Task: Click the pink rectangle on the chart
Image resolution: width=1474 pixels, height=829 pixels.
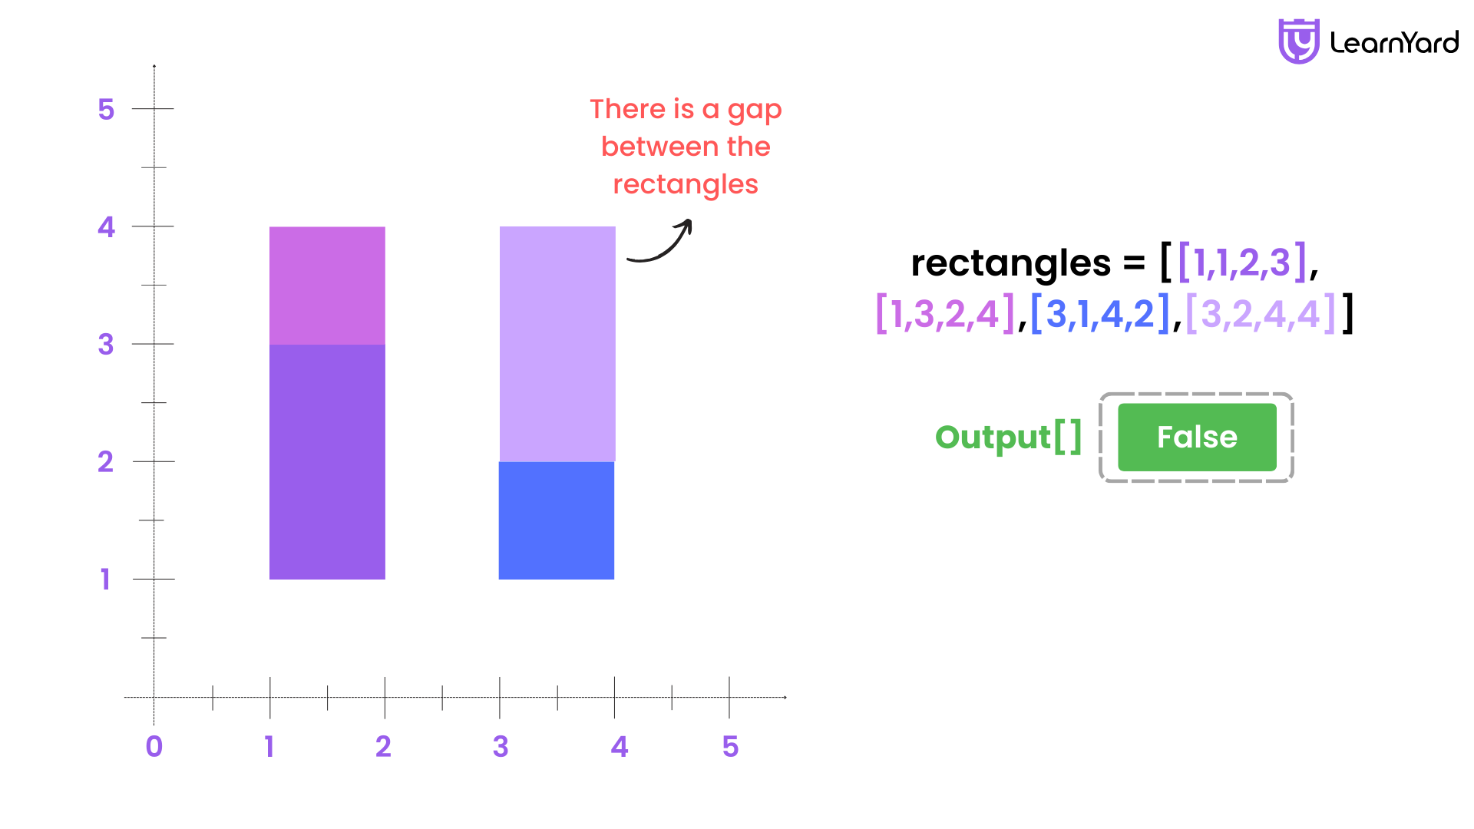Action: (x=327, y=286)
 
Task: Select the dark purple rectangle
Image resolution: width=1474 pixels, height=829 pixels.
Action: (x=327, y=462)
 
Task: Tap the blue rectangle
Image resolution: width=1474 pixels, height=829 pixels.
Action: (x=557, y=520)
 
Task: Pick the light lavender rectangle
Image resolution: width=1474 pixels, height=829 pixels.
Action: (x=557, y=344)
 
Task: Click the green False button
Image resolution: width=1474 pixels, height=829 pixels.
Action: (x=1197, y=437)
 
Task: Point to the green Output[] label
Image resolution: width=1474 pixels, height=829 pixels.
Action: (x=1009, y=438)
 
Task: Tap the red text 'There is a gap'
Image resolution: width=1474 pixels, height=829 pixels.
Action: (x=686, y=111)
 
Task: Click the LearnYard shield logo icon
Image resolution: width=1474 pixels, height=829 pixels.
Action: (x=1298, y=41)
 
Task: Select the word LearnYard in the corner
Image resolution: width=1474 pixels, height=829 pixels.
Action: (x=1394, y=43)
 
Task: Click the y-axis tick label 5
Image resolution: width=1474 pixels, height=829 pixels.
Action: (x=106, y=109)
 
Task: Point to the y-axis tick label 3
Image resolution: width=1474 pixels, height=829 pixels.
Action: (x=106, y=344)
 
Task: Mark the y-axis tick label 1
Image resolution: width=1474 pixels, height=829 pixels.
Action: (x=105, y=579)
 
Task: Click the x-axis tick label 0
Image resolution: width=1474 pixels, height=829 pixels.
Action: (x=154, y=746)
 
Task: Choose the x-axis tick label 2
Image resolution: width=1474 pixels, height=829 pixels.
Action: (x=383, y=746)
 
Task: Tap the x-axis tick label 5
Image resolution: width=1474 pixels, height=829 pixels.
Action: (x=730, y=746)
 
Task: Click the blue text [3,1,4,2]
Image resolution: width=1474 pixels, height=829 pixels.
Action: (x=1100, y=314)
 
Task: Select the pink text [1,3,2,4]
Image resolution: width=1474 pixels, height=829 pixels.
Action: (x=945, y=314)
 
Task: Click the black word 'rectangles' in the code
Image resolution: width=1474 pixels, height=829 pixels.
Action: (x=1010, y=263)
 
